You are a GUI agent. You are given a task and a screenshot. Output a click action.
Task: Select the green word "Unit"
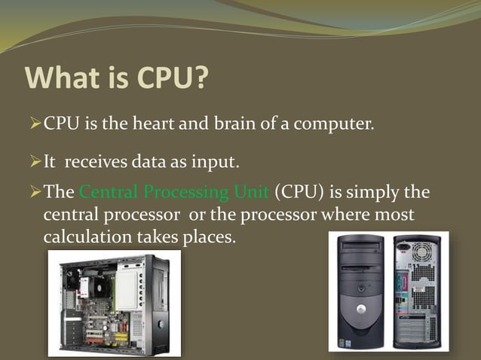pyautogui.click(x=252, y=192)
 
